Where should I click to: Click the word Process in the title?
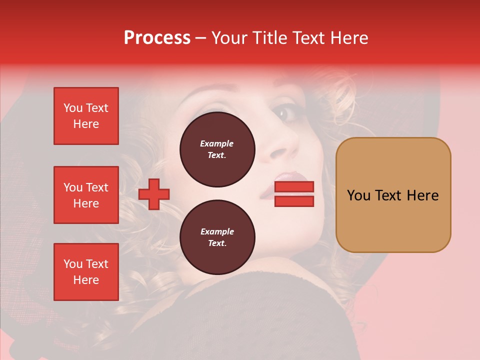(x=157, y=38)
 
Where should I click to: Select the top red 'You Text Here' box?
(x=86, y=116)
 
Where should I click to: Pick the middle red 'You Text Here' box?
(x=86, y=195)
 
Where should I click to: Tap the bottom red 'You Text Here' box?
(x=86, y=272)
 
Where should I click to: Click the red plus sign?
(x=154, y=194)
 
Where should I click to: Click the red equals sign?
(x=294, y=194)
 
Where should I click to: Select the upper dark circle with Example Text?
(x=217, y=149)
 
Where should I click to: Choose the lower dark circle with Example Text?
(x=217, y=237)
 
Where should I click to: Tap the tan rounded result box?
(x=393, y=195)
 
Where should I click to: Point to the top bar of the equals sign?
(x=294, y=187)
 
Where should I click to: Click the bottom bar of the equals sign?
(x=294, y=201)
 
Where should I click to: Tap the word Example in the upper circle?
(x=217, y=143)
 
